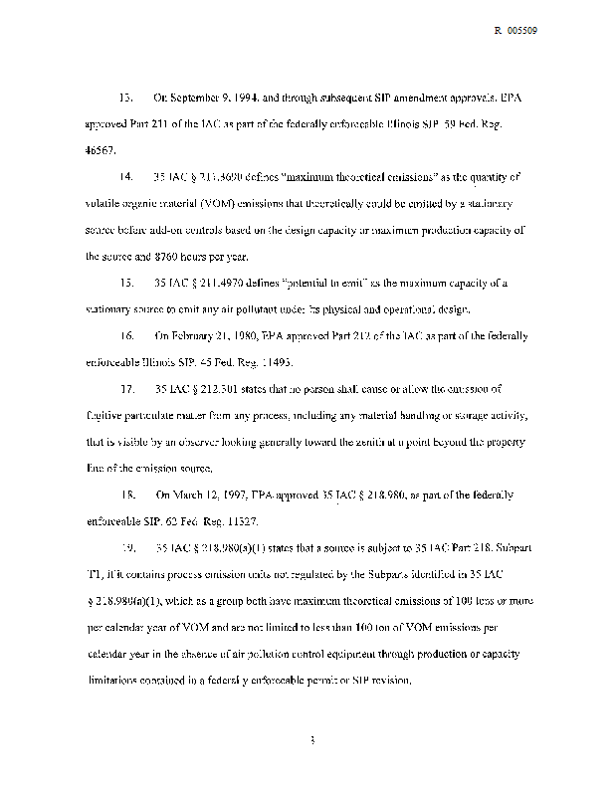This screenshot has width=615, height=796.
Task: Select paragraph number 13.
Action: click(x=125, y=99)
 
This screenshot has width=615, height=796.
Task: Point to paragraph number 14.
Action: click(x=125, y=178)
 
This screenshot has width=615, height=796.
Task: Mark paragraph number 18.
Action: click(x=125, y=494)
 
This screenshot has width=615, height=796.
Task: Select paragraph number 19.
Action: click(x=125, y=546)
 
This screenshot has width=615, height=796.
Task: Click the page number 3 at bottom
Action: click(x=312, y=740)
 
